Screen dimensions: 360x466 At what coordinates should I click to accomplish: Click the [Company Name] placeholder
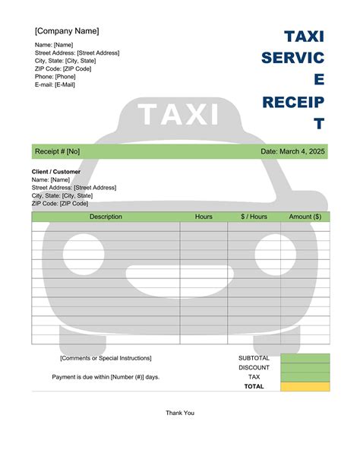click(x=67, y=31)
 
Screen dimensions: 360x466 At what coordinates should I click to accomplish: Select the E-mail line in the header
click(x=55, y=84)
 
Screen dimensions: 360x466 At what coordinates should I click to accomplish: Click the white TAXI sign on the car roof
click(x=178, y=115)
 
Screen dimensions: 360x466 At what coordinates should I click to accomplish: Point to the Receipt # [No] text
click(x=57, y=152)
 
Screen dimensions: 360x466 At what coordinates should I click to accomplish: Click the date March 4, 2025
click(x=292, y=152)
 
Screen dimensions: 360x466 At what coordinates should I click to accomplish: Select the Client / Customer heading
click(x=55, y=171)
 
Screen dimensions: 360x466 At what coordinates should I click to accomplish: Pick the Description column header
click(x=106, y=217)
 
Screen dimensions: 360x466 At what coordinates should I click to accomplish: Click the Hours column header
click(x=204, y=217)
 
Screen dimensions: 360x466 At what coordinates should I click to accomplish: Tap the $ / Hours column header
click(x=254, y=217)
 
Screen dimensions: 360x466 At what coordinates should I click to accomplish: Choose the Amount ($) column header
click(x=305, y=217)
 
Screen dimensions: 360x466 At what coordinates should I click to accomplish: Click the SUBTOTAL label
click(x=254, y=358)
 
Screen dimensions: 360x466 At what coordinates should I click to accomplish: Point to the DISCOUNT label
click(x=254, y=367)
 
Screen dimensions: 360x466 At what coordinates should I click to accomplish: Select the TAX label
click(x=254, y=377)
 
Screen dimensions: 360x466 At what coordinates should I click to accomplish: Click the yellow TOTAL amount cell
click(x=305, y=386)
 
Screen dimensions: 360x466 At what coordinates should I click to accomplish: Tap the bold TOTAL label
click(x=254, y=386)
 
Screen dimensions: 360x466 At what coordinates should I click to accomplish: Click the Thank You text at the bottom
click(x=180, y=413)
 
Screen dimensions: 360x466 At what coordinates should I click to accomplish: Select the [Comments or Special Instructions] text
click(x=106, y=358)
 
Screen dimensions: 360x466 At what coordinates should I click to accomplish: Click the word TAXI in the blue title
click(x=304, y=36)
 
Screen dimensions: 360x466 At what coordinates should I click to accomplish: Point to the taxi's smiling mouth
click(x=179, y=274)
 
